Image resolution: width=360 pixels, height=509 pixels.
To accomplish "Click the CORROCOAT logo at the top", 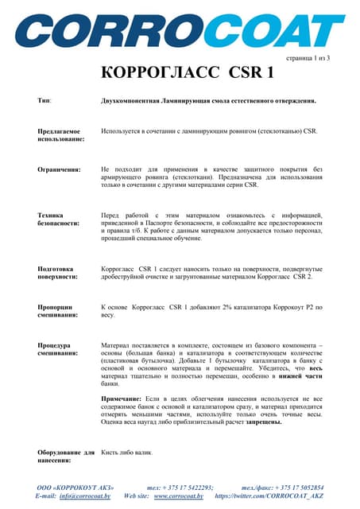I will point(180,29).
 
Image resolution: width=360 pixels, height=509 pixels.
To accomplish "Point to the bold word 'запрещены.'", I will point(257,422).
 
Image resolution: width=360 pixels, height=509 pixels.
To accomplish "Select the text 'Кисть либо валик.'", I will point(127,453).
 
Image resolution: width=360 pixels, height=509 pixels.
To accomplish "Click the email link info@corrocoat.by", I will point(85,495).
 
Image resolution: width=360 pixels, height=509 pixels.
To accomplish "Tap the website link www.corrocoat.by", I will point(179,495).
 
